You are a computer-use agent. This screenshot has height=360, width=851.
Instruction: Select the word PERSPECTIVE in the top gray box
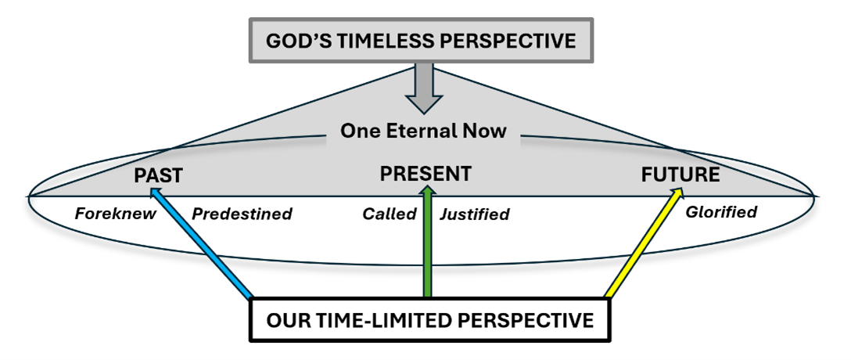[x=508, y=41]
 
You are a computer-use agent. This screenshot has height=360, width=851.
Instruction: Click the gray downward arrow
[x=424, y=88]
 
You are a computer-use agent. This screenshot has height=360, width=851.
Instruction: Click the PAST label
[x=159, y=175]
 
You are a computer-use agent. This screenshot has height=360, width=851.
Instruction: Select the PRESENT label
[x=425, y=174]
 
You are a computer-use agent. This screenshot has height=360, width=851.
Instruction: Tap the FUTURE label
[x=680, y=175]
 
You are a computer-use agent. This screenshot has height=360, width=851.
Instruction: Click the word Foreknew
[x=116, y=214]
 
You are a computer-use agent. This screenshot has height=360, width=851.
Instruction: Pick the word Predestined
[x=242, y=214]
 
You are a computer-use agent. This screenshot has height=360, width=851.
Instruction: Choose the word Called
[x=390, y=214]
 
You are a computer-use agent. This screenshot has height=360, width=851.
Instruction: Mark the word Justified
[x=474, y=214]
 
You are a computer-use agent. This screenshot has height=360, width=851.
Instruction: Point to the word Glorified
[x=721, y=212]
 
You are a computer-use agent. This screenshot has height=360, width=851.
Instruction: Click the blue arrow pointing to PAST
[x=203, y=243]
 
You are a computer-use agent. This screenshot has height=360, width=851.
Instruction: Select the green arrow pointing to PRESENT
[x=428, y=241]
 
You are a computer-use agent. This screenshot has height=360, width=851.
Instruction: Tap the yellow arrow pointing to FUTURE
[x=644, y=243]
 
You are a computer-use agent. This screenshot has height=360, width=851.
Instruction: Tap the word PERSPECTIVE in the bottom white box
[x=526, y=320]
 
